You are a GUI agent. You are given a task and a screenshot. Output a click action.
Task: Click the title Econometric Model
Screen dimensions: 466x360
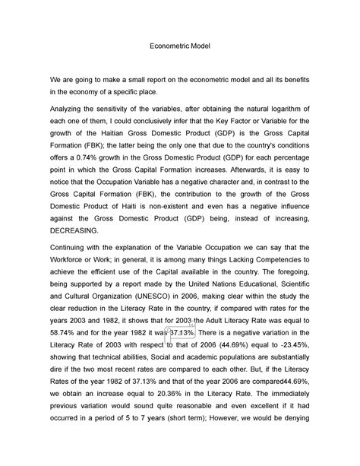click(179, 46)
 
